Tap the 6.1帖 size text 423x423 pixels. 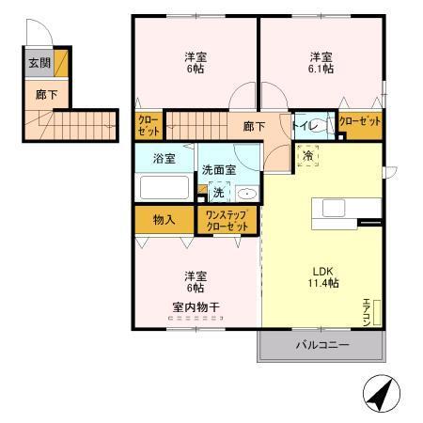(x=321, y=68)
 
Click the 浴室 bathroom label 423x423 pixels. (x=164, y=158)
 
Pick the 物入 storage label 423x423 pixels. (x=164, y=220)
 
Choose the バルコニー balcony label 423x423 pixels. (x=322, y=345)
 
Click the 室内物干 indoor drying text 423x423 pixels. (x=195, y=306)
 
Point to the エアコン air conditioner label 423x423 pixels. (x=368, y=309)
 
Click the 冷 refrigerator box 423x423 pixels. (x=307, y=157)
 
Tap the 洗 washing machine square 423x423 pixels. (x=218, y=193)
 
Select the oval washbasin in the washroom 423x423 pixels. (x=246, y=194)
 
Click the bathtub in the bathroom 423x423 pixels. (x=165, y=186)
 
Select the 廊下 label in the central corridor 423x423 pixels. (x=253, y=125)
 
